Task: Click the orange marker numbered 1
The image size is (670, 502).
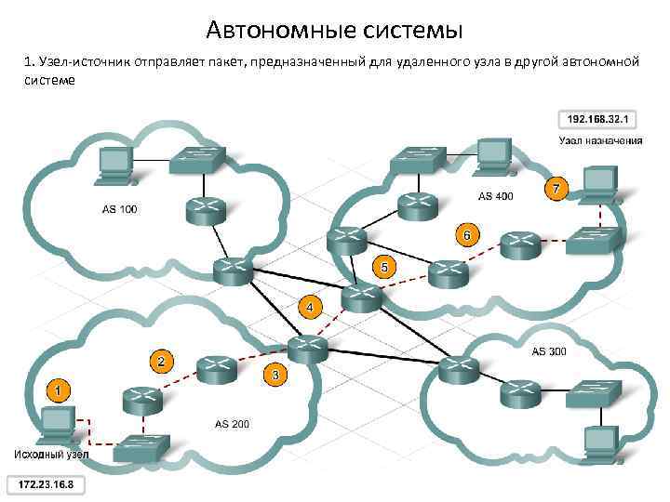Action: click(57, 390)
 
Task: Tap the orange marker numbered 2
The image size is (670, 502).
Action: click(162, 360)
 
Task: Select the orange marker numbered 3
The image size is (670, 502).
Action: click(275, 374)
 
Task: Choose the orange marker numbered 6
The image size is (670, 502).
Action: click(467, 233)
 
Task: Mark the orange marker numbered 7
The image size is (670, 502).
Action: click(556, 188)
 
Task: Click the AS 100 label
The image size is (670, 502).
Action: click(119, 208)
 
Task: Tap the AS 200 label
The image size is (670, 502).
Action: click(232, 424)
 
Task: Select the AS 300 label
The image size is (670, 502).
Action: click(549, 351)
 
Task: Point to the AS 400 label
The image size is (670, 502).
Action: click(495, 196)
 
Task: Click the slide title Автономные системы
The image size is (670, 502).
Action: click(334, 32)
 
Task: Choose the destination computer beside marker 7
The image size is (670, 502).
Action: click(600, 183)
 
